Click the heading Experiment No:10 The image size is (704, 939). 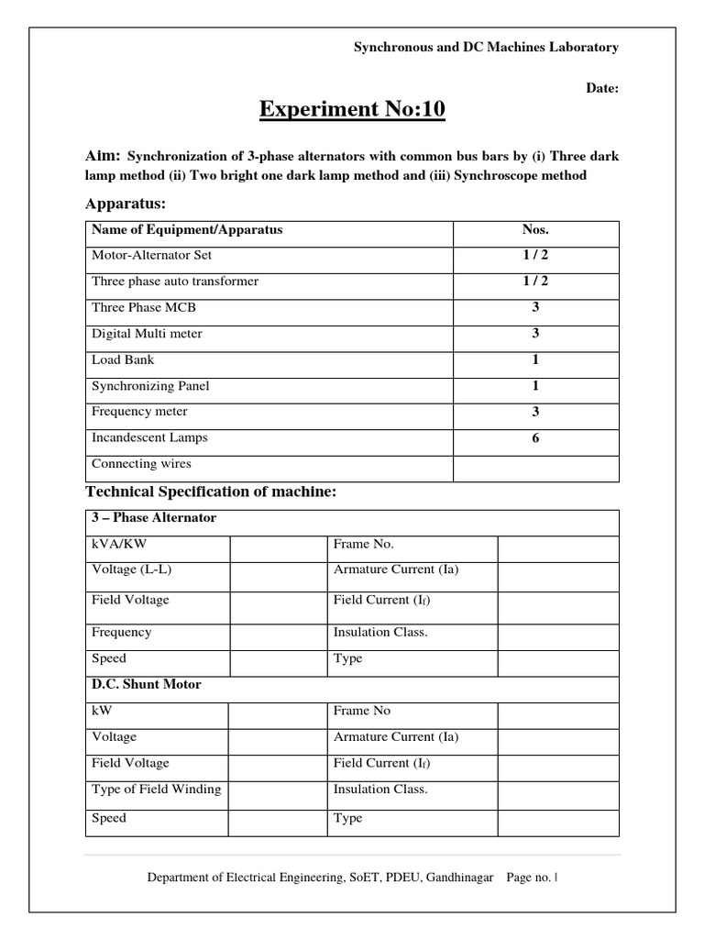click(x=352, y=111)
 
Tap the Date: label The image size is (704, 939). click(x=602, y=89)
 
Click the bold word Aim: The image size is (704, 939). click(x=104, y=156)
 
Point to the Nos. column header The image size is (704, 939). click(x=535, y=230)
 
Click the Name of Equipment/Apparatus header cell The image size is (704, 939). click(x=187, y=230)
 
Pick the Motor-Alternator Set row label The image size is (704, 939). click(x=151, y=256)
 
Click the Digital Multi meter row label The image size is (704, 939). click(x=147, y=334)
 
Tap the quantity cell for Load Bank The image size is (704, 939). click(x=535, y=359)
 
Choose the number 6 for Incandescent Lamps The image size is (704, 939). click(x=535, y=438)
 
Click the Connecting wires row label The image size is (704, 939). click(x=141, y=464)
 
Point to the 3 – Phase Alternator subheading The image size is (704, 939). click(x=154, y=518)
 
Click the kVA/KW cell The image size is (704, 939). click(x=119, y=544)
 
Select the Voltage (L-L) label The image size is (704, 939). click(x=132, y=569)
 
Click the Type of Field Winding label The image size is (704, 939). click(x=157, y=790)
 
